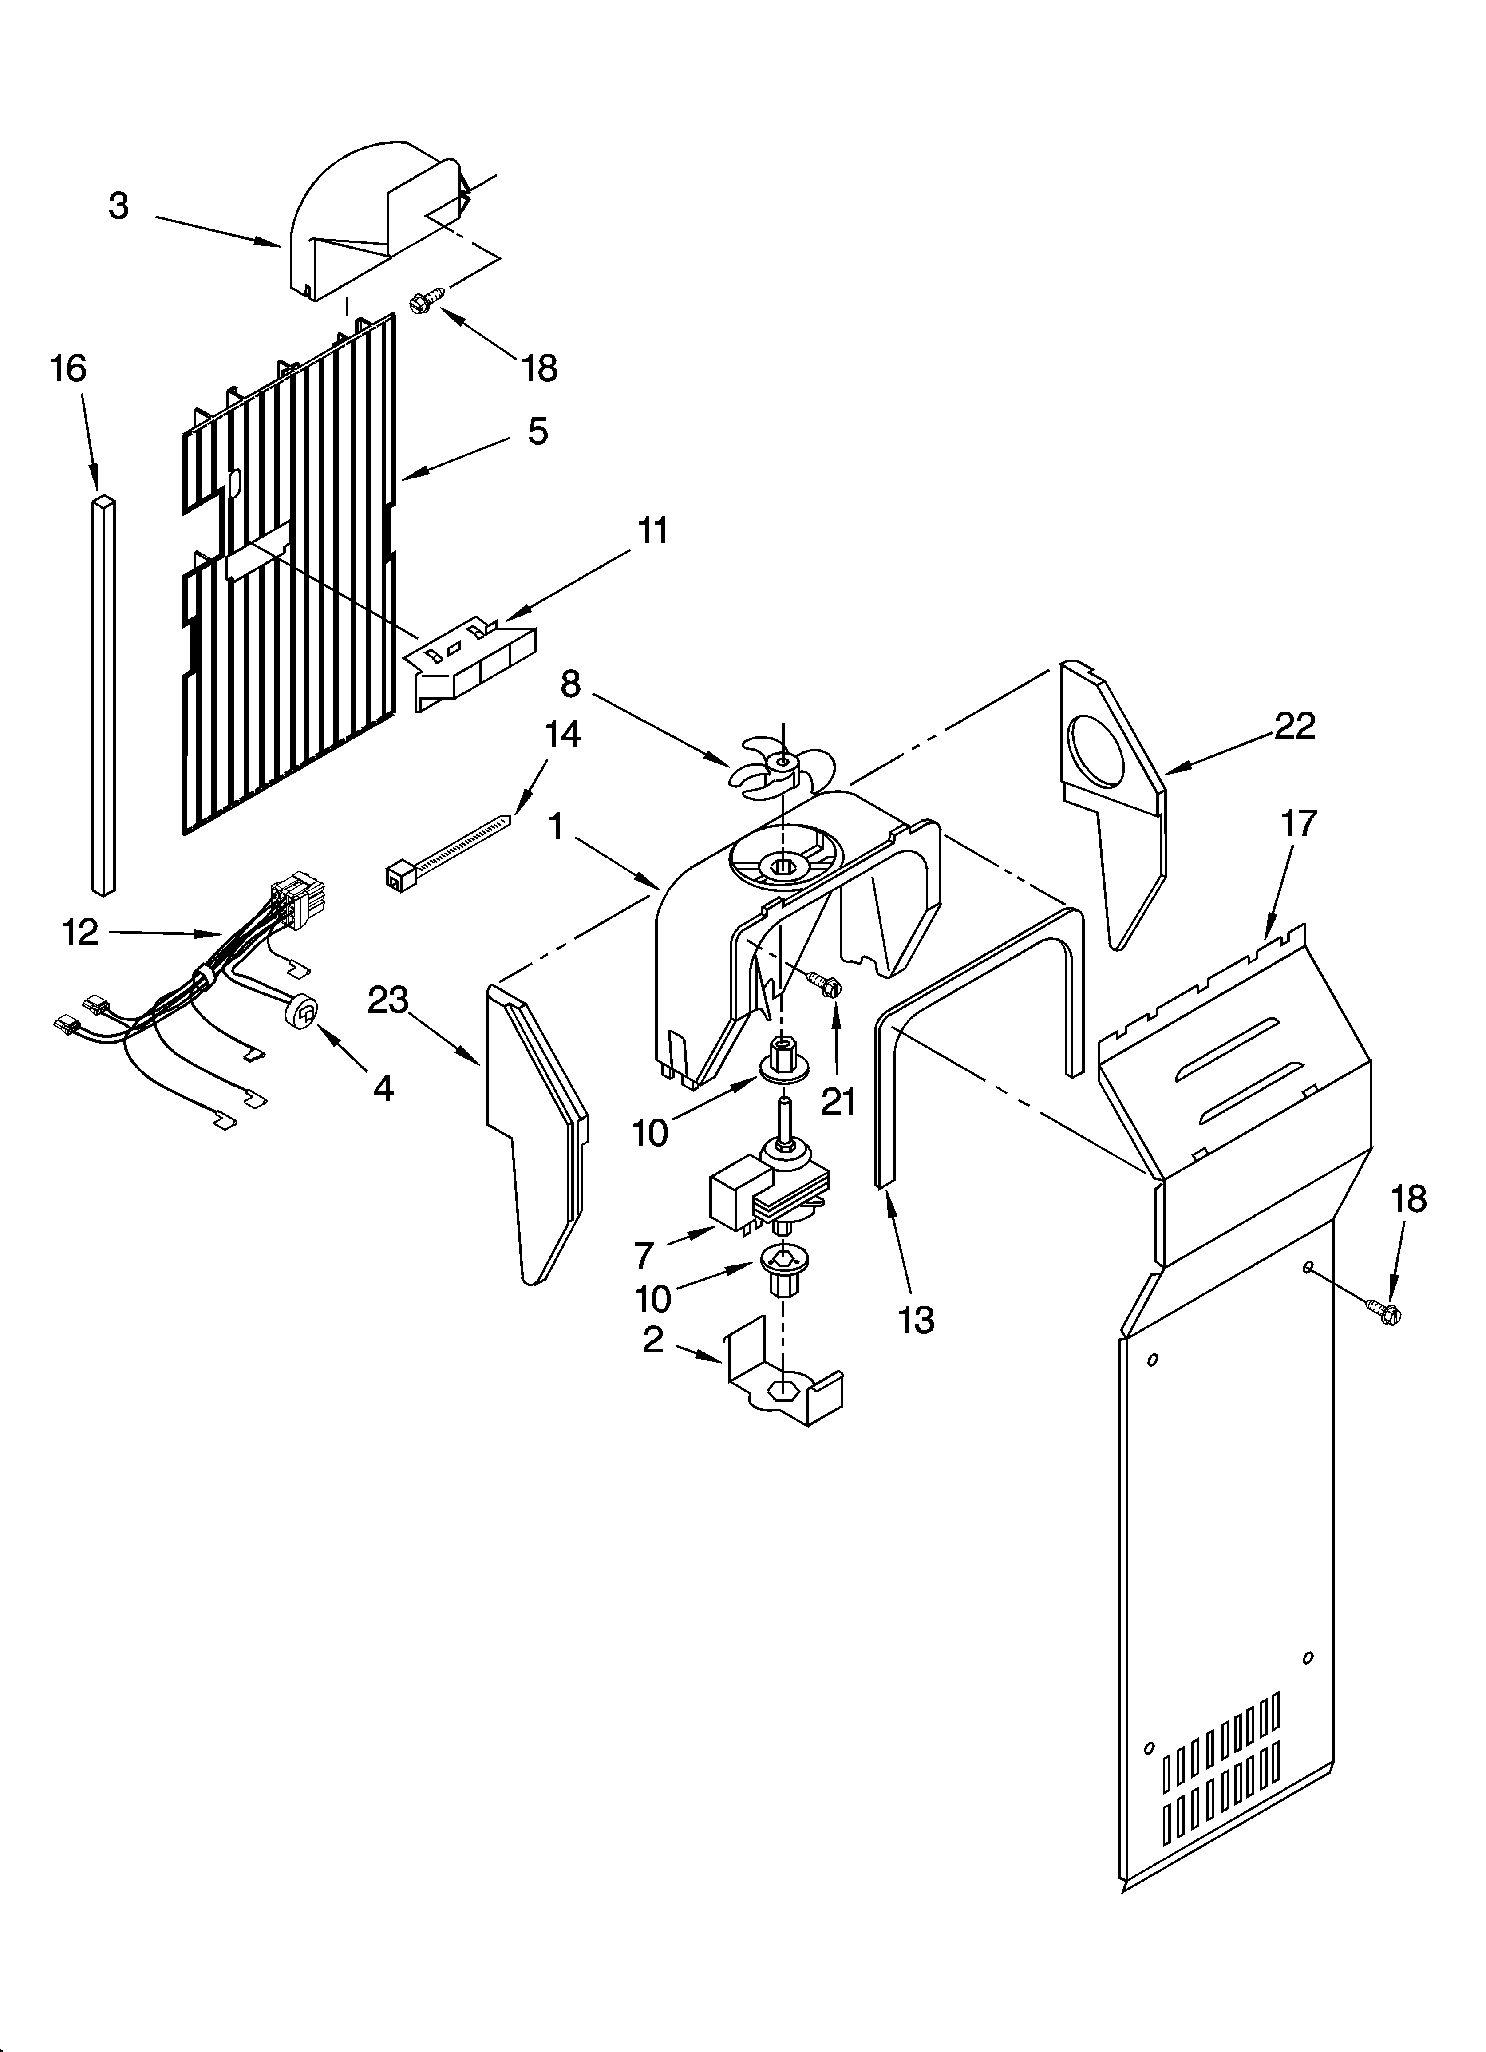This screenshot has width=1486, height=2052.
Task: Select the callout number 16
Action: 69,369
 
